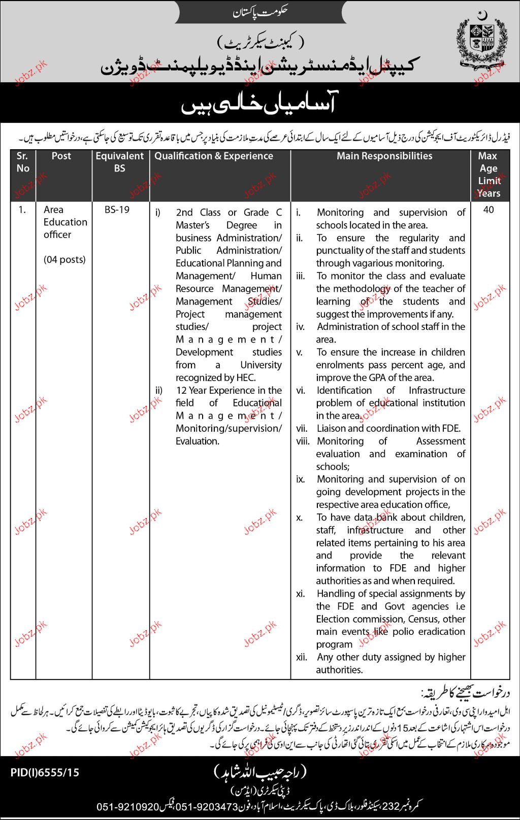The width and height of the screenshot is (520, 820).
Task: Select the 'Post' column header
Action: (61, 156)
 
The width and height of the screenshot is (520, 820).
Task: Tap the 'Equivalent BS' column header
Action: (120, 162)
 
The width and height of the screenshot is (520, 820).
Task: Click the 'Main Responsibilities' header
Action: (384, 156)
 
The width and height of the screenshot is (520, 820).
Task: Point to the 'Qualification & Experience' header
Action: (214, 156)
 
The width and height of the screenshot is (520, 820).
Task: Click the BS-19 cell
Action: (117, 210)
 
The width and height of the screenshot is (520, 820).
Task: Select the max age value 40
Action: (489, 210)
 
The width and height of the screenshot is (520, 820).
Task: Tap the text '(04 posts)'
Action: (64, 260)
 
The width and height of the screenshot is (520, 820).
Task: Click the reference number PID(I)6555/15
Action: (45, 773)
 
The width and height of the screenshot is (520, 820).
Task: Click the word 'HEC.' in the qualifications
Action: (245, 378)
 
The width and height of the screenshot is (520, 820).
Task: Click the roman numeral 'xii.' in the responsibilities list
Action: (302, 657)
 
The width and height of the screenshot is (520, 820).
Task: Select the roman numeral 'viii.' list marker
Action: (303, 441)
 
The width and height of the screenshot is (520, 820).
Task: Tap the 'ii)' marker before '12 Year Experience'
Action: (159, 391)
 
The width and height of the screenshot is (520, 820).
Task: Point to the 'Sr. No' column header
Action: (23, 162)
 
